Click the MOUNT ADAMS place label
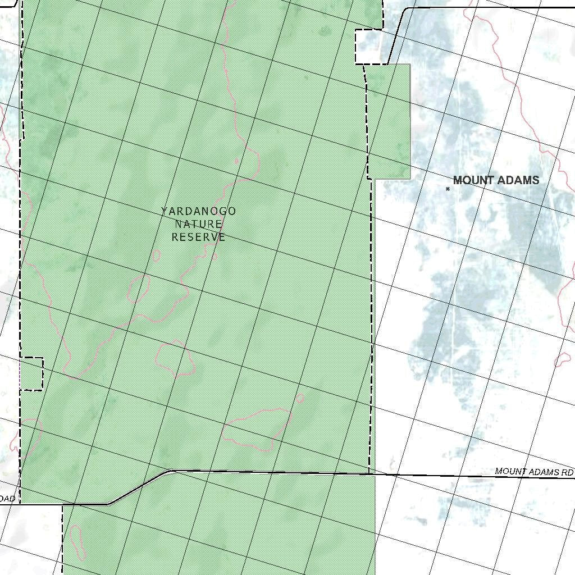496,180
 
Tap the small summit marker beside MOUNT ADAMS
448,189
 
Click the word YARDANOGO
198,211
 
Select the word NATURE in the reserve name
198,224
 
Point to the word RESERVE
198,237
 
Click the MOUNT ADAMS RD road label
534,472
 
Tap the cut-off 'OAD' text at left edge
7,499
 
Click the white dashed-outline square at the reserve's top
368,47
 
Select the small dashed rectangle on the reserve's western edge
31,373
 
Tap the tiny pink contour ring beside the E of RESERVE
215,257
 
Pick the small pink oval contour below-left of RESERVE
156,255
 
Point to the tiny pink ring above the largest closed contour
300,398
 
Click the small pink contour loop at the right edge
562,360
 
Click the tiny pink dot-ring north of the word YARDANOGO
236,162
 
